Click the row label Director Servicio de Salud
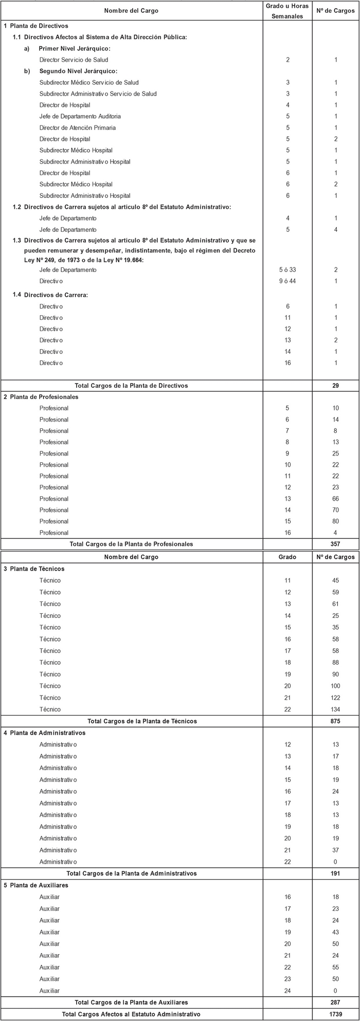pos(74,60)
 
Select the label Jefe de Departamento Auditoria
pos(80,117)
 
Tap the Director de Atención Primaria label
pos(78,128)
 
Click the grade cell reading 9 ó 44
pos(288,282)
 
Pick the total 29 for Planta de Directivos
pos(335,386)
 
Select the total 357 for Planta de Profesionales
pos(335,544)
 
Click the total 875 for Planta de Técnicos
pos(335,721)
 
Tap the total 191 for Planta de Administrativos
pos(335,873)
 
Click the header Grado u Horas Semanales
pos(287,11)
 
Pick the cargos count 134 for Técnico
pos(335,709)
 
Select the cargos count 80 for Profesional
pos(335,521)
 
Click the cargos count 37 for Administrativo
pos(335,850)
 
